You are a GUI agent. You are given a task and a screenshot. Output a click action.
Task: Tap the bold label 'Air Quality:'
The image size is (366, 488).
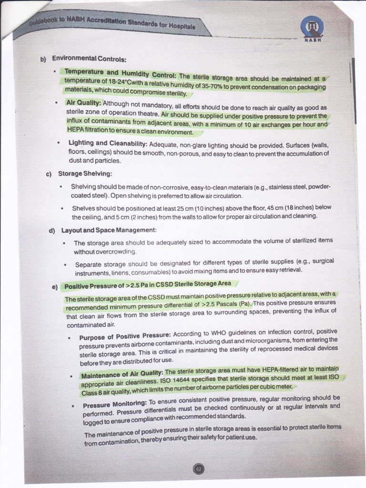(83, 102)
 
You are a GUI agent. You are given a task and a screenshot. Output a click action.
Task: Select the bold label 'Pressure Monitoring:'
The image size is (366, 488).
(115, 405)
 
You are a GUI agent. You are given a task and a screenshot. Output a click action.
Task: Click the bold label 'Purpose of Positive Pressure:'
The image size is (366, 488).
(125, 336)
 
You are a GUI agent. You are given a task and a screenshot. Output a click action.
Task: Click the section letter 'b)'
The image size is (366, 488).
(42, 60)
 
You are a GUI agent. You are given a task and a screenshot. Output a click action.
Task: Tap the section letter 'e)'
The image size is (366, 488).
(54, 287)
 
